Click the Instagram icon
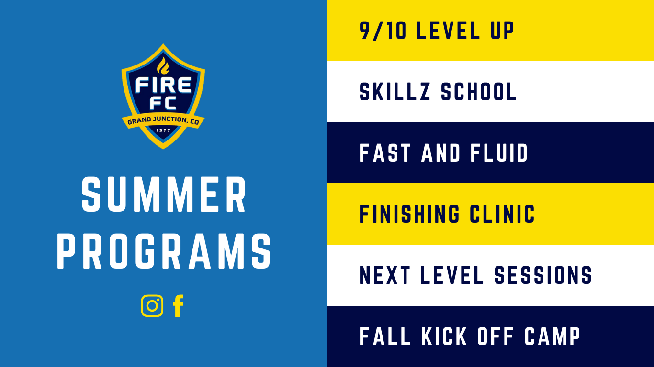tap(152, 305)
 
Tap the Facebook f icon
tap(178, 305)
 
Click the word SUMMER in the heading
tap(164, 194)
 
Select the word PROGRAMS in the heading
tap(164, 251)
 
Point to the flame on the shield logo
tap(163, 65)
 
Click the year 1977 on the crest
tap(163, 130)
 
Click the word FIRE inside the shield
tap(163, 85)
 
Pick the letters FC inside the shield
tap(163, 103)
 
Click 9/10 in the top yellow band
tap(383, 31)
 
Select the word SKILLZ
tap(395, 92)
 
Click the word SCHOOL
tap(479, 92)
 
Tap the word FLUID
tap(499, 153)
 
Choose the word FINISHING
tap(409, 214)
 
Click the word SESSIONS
tap(543, 275)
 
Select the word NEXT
tap(384, 275)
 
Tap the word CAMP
tap(553, 336)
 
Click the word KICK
tap(444, 336)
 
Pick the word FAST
tap(385, 153)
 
